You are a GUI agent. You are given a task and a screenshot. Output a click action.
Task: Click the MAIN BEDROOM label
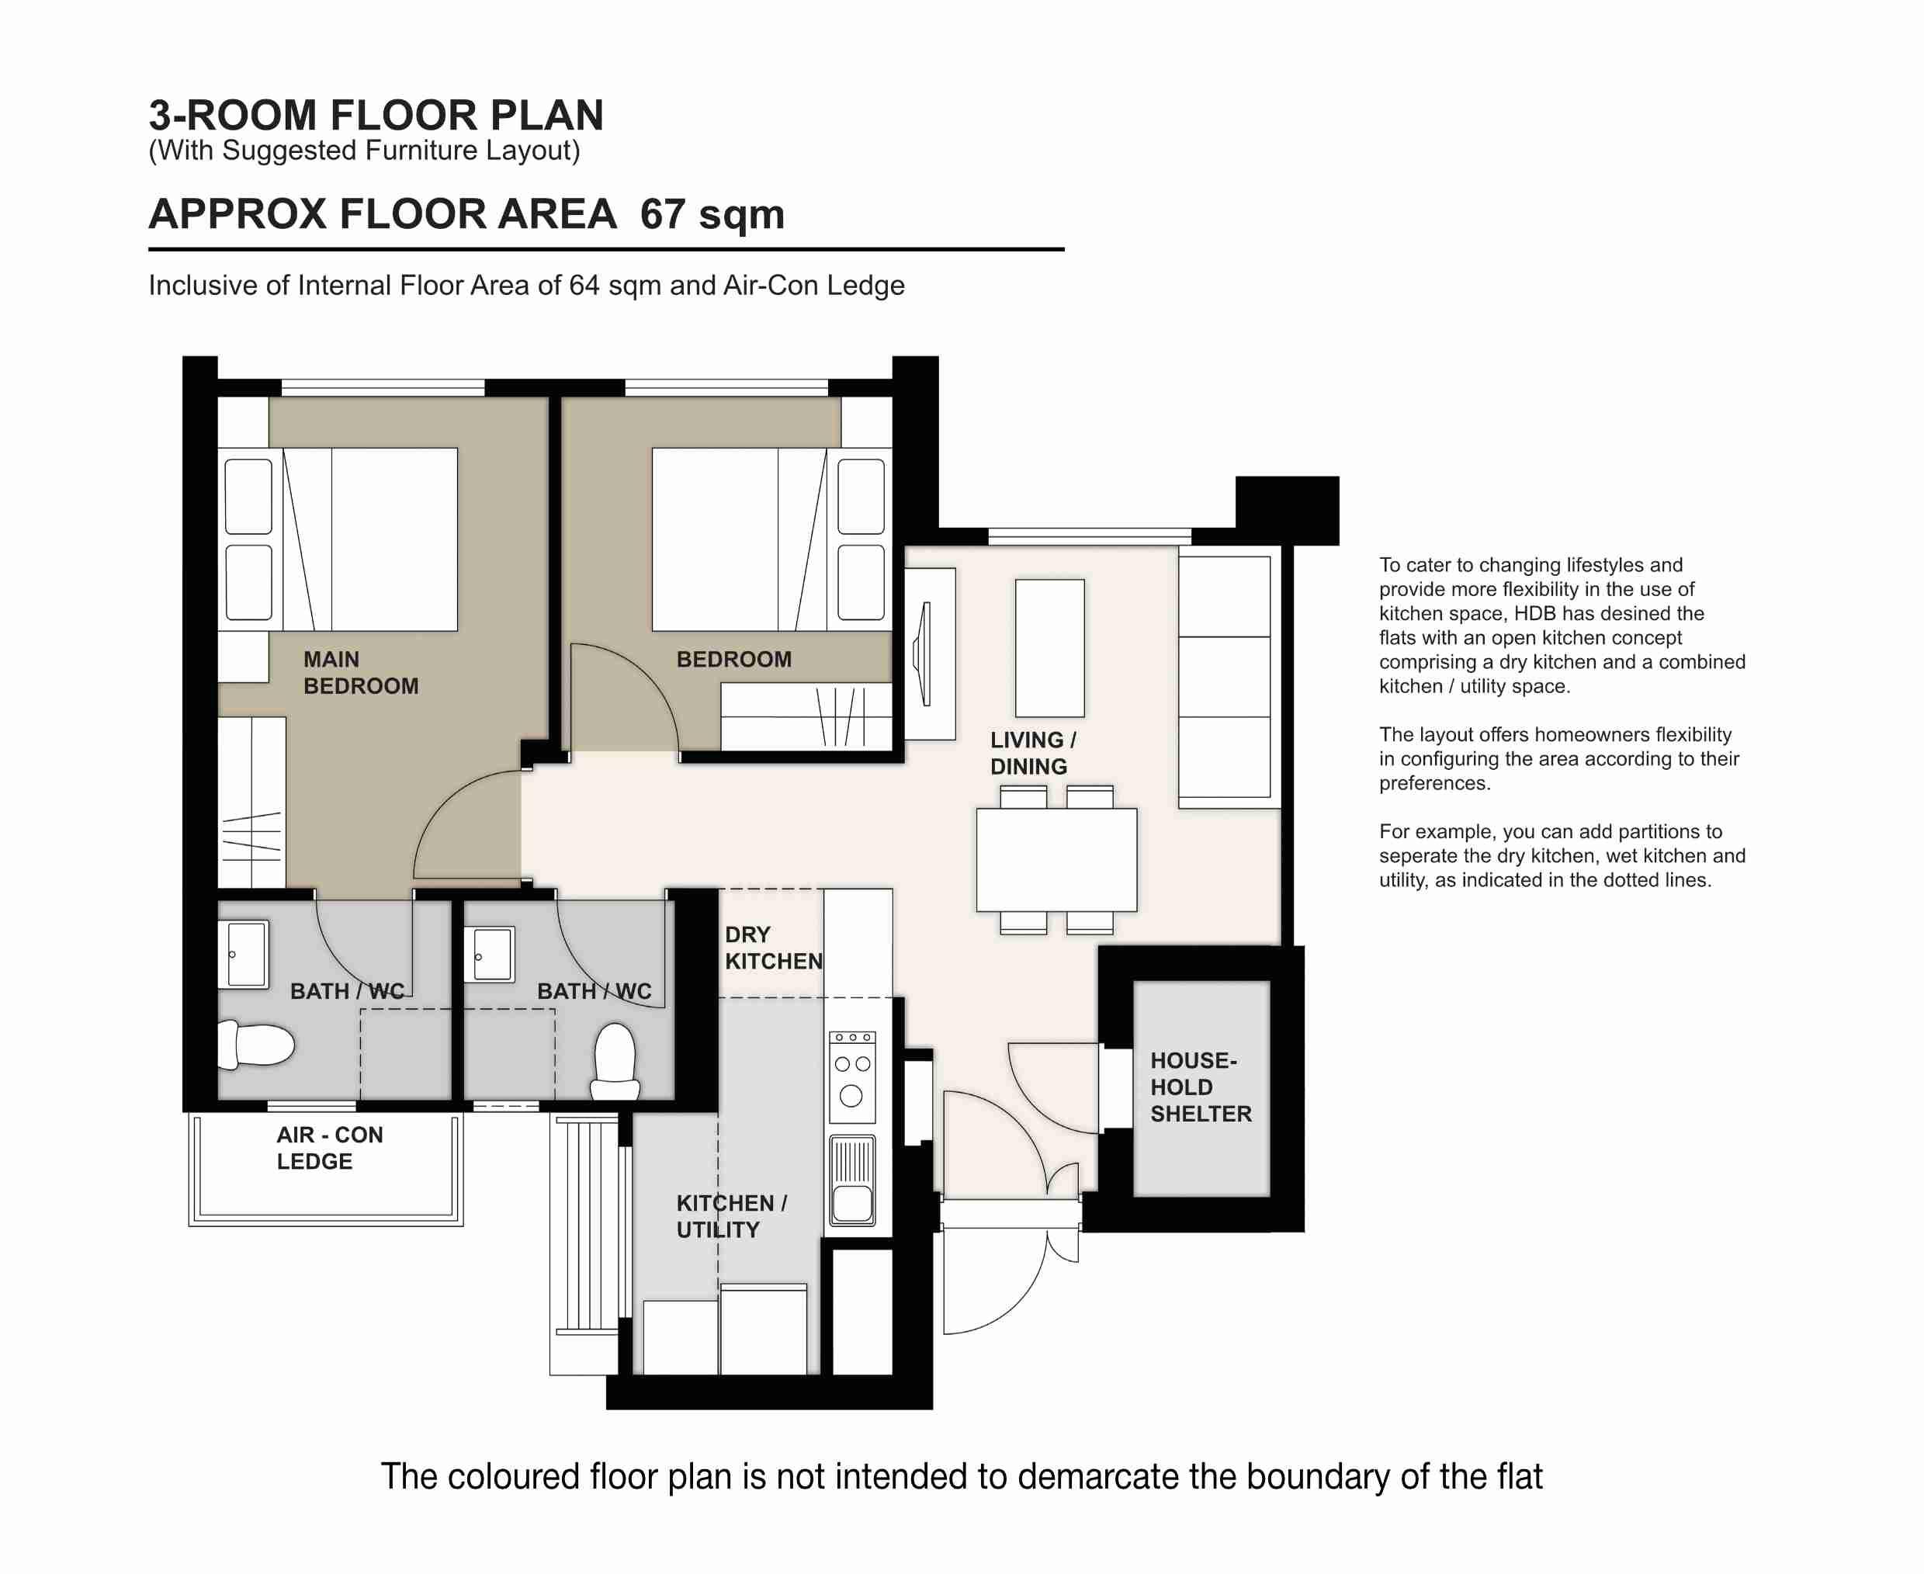pos(360,672)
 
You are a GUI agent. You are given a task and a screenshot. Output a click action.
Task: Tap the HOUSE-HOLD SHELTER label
pos(1200,1087)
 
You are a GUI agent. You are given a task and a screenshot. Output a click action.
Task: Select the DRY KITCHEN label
pos(772,948)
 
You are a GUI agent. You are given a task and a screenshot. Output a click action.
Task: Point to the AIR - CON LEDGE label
pos(329,1148)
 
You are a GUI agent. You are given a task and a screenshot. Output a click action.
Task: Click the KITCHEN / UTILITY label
pos(731,1216)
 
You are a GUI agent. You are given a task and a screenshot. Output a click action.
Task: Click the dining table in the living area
pos(1056,859)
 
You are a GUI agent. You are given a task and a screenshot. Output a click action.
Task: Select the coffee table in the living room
pos(1049,647)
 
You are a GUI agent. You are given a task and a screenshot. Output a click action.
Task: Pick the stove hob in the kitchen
pos(851,1077)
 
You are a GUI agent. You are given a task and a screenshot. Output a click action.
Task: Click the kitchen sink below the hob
pos(851,1179)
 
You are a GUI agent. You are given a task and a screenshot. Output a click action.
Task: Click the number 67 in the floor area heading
pos(662,214)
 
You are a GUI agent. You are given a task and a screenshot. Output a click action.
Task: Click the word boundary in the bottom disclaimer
pos(1317,1476)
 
